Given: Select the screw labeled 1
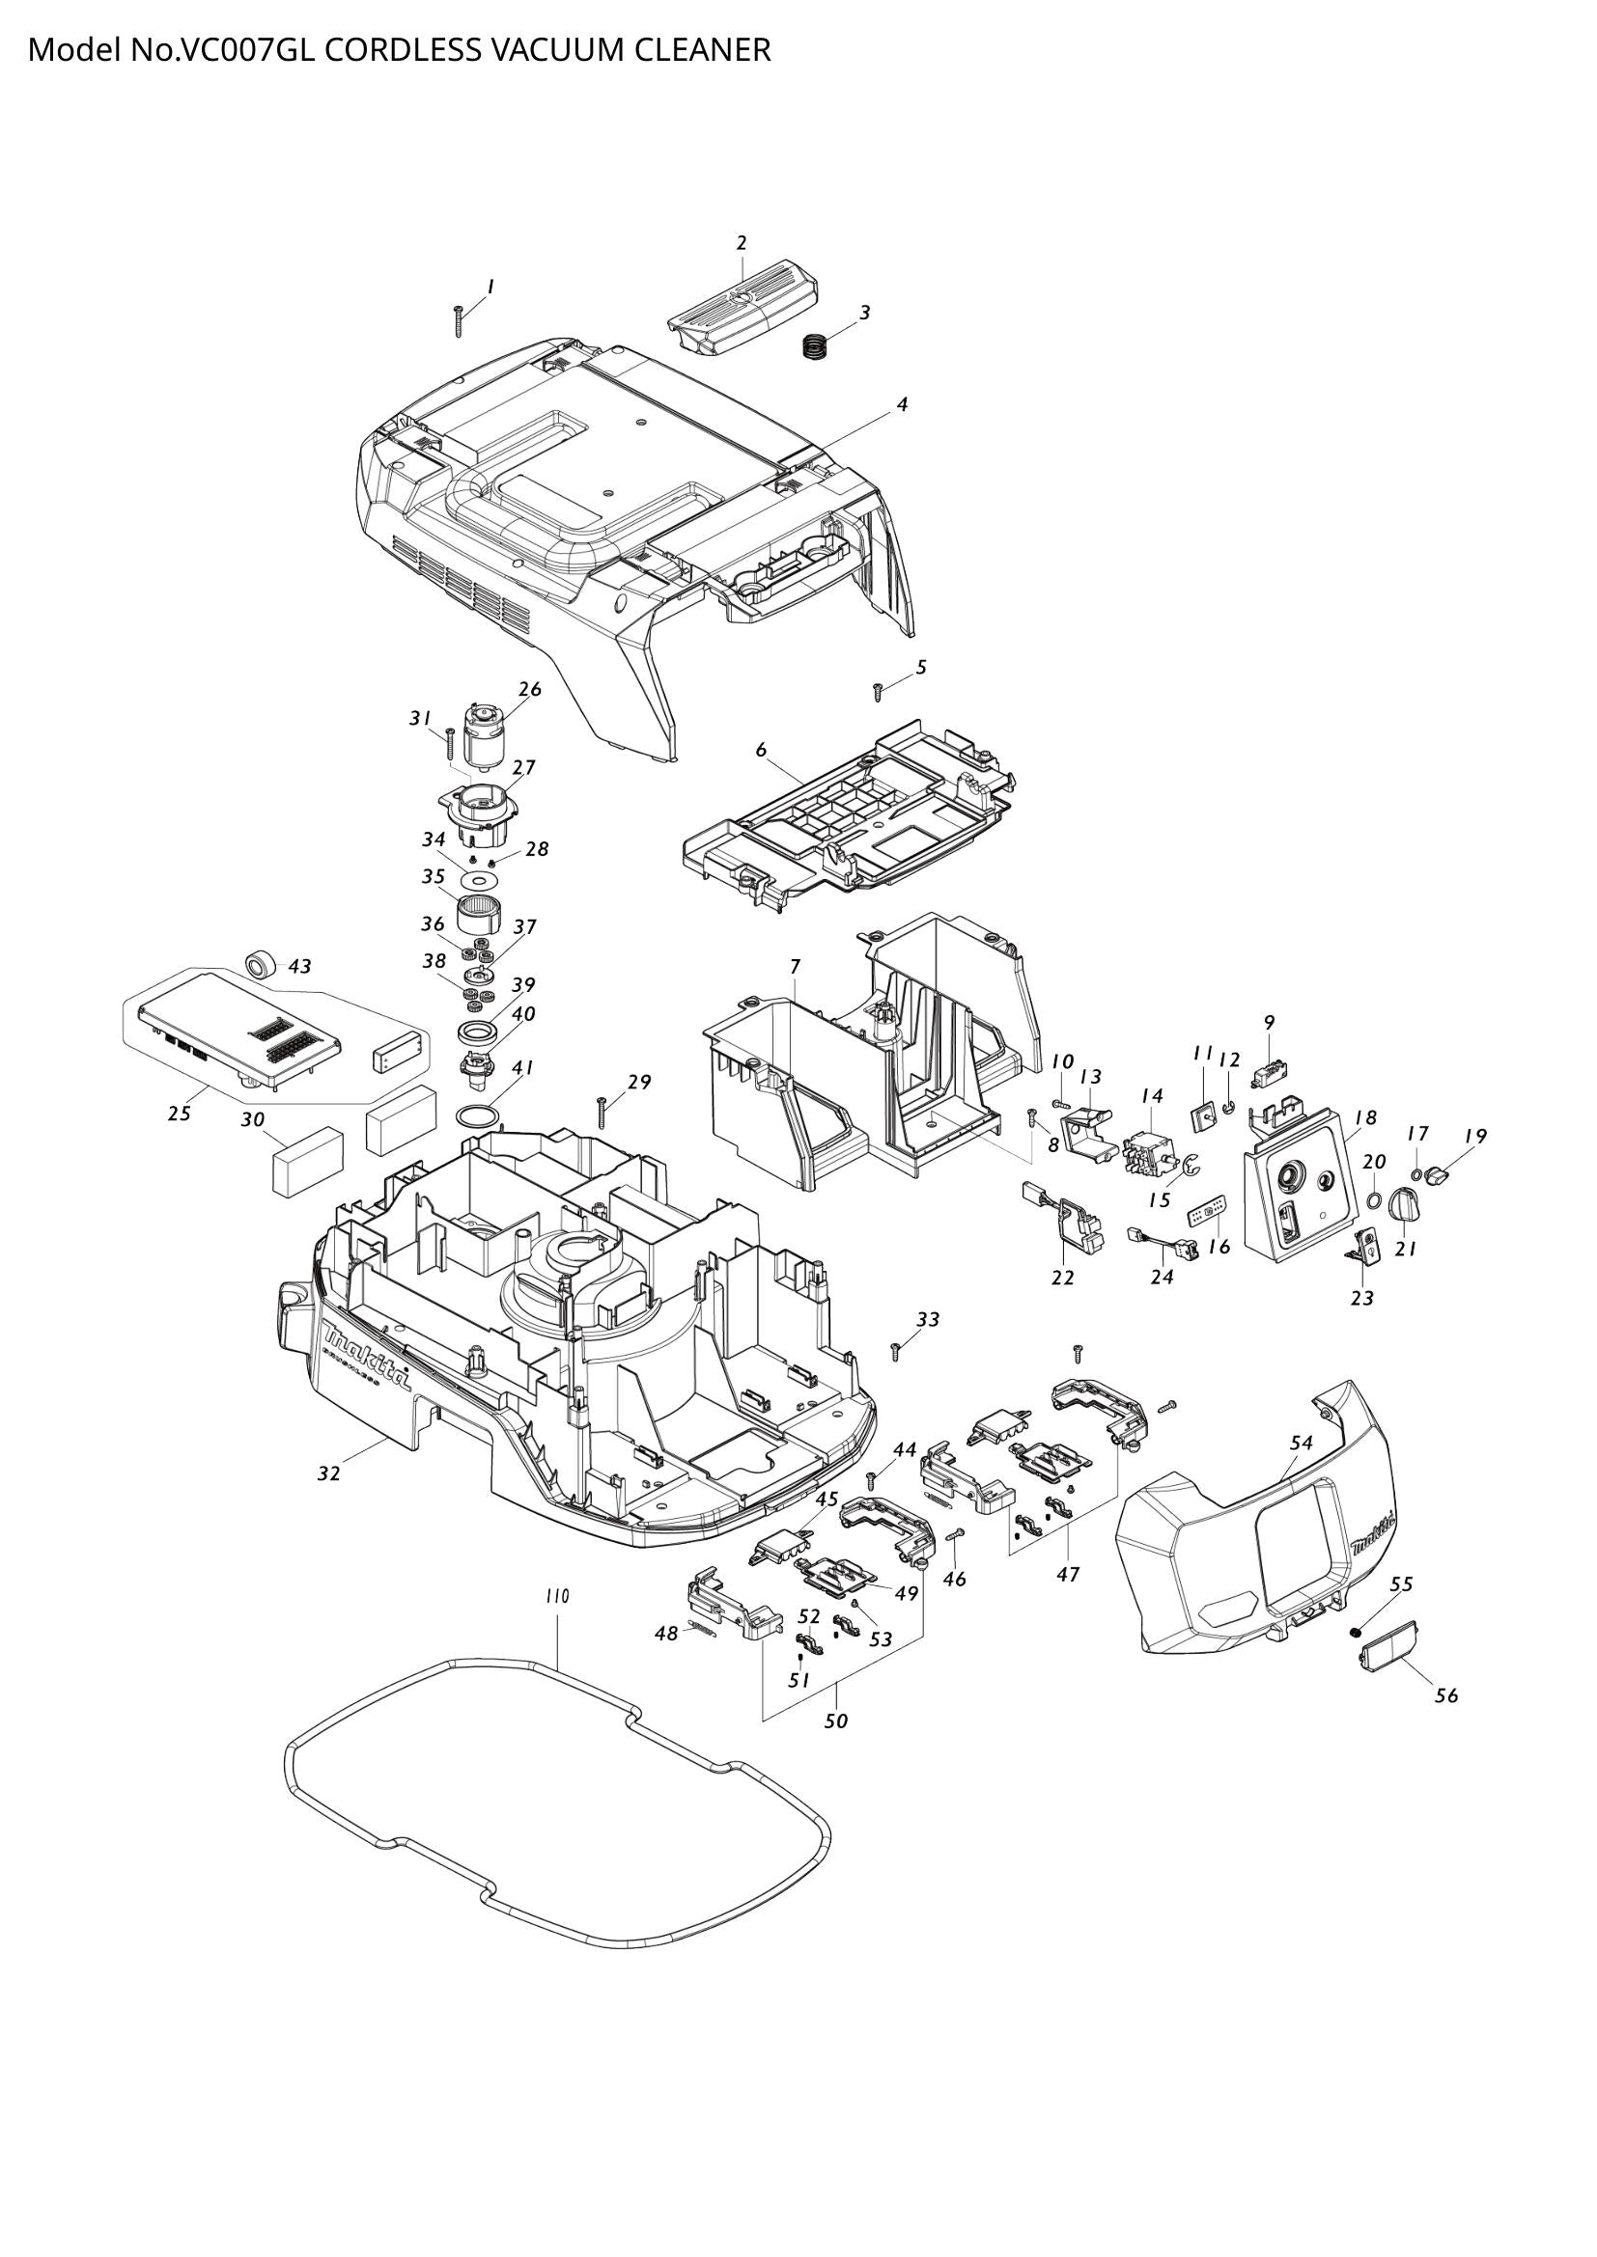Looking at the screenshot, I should pyautogui.click(x=459, y=320).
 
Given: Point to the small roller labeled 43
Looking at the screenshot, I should pyautogui.click(x=261, y=963).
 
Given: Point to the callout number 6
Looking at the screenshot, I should pyautogui.click(x=761, y=749).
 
